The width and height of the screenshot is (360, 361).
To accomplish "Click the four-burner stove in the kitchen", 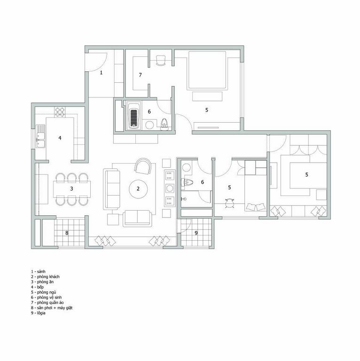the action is click(60, 112).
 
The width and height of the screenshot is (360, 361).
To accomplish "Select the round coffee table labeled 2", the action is click(138, 189).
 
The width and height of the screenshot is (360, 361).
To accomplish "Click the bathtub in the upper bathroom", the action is click(133, 116).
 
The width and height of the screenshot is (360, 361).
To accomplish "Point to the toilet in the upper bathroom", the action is click(164, 124).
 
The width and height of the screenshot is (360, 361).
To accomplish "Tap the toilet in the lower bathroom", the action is click(187, 182).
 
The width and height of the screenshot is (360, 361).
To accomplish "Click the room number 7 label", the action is click(140, 75).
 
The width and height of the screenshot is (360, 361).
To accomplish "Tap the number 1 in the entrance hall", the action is click(101, 72).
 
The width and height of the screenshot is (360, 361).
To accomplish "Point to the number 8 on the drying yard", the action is click(67, 233).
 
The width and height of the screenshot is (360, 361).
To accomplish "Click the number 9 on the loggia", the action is click(196, 233).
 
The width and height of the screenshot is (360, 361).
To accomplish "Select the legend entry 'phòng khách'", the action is click(48, 277).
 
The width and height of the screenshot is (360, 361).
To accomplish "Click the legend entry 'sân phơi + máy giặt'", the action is click(55, 308).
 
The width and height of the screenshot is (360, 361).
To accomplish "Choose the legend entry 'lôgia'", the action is click(41, 313).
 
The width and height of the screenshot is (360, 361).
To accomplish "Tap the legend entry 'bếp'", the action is click(40, 287).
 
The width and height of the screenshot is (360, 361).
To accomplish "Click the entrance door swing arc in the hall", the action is click(102, 64).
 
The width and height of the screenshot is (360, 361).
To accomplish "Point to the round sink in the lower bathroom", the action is click(187, 168).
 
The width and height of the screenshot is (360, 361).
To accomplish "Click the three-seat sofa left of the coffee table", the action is click(112, 189).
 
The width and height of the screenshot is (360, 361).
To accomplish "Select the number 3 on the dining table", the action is click(71, 189).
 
